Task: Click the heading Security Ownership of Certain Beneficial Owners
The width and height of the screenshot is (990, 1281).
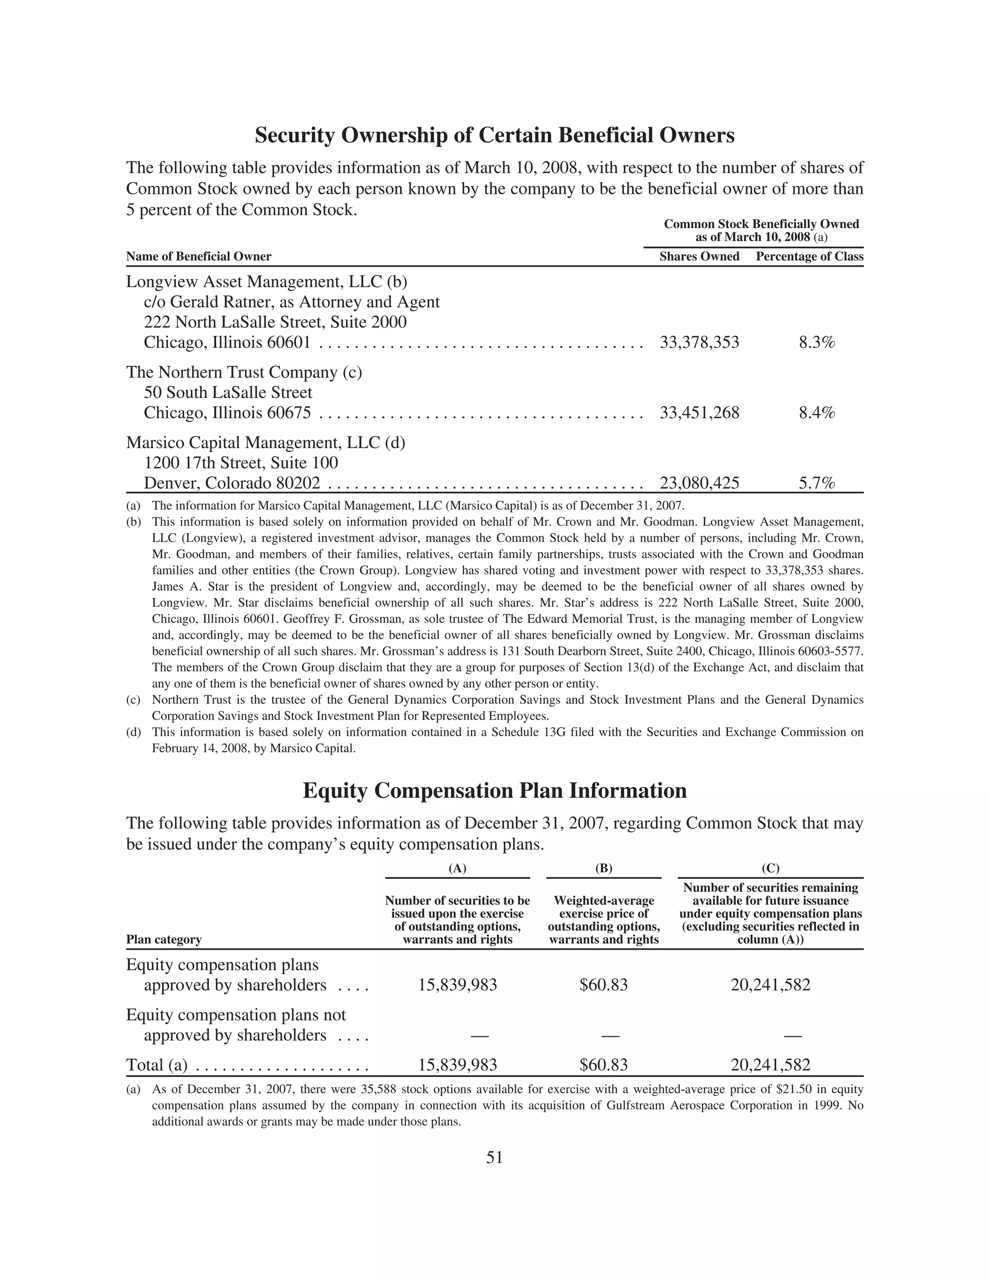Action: pos(495,135)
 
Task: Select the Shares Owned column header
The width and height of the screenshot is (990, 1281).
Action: pos(699,256)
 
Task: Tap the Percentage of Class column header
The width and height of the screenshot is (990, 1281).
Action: pos(809,256)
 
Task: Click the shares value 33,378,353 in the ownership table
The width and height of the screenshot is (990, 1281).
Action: pos(699,343)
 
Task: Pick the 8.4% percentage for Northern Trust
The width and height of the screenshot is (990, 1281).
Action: pos(816,413)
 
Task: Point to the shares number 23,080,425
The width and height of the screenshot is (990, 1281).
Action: pos(699,483)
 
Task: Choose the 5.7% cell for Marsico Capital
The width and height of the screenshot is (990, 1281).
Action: pos(816,483)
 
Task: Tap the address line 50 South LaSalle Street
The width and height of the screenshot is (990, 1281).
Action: pos(228,393)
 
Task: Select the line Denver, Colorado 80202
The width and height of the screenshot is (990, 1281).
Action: pos(232,483)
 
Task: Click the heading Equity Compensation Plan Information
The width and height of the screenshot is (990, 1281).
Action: pos(495,791)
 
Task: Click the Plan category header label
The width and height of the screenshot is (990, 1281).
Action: pos(164,940)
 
